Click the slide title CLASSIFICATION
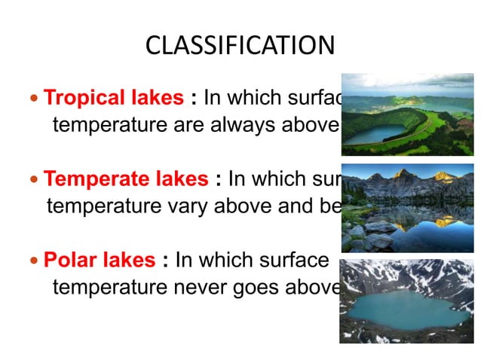pyautogui.click(x=240, y=46)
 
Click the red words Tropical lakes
pyautogui.click(x=114, y=98)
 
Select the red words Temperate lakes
pyautogui.click(x=126, y=179)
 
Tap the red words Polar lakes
pyautogui.click(x=100, y=261)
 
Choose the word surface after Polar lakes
pyautogui.click(x=291, y=261)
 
